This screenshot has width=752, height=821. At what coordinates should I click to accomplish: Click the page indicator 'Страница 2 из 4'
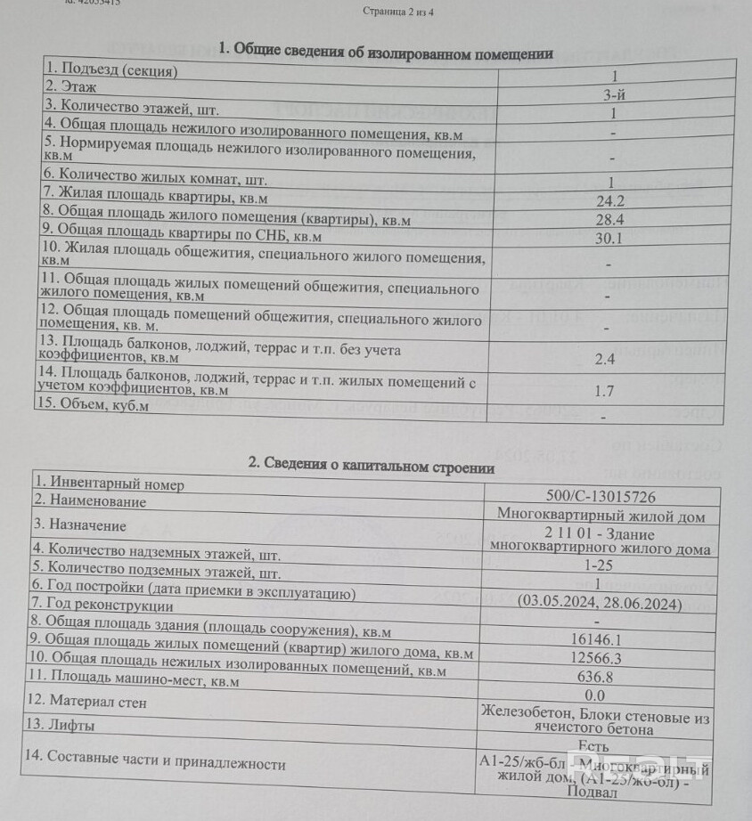coord(401,12)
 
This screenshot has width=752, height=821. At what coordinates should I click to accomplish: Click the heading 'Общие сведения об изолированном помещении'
coord(385,53)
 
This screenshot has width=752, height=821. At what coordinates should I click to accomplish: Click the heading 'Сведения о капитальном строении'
coord(372,465)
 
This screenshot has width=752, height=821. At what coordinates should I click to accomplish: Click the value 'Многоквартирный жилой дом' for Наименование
coord(601,516)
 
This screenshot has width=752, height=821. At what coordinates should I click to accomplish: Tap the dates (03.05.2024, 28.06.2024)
coord(600,604)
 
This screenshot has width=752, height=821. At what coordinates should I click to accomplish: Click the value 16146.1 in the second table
coord(597,638)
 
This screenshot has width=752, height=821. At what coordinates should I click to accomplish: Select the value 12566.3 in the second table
coord(597,657)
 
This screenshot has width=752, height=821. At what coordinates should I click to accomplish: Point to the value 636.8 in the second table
coord(597,677)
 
